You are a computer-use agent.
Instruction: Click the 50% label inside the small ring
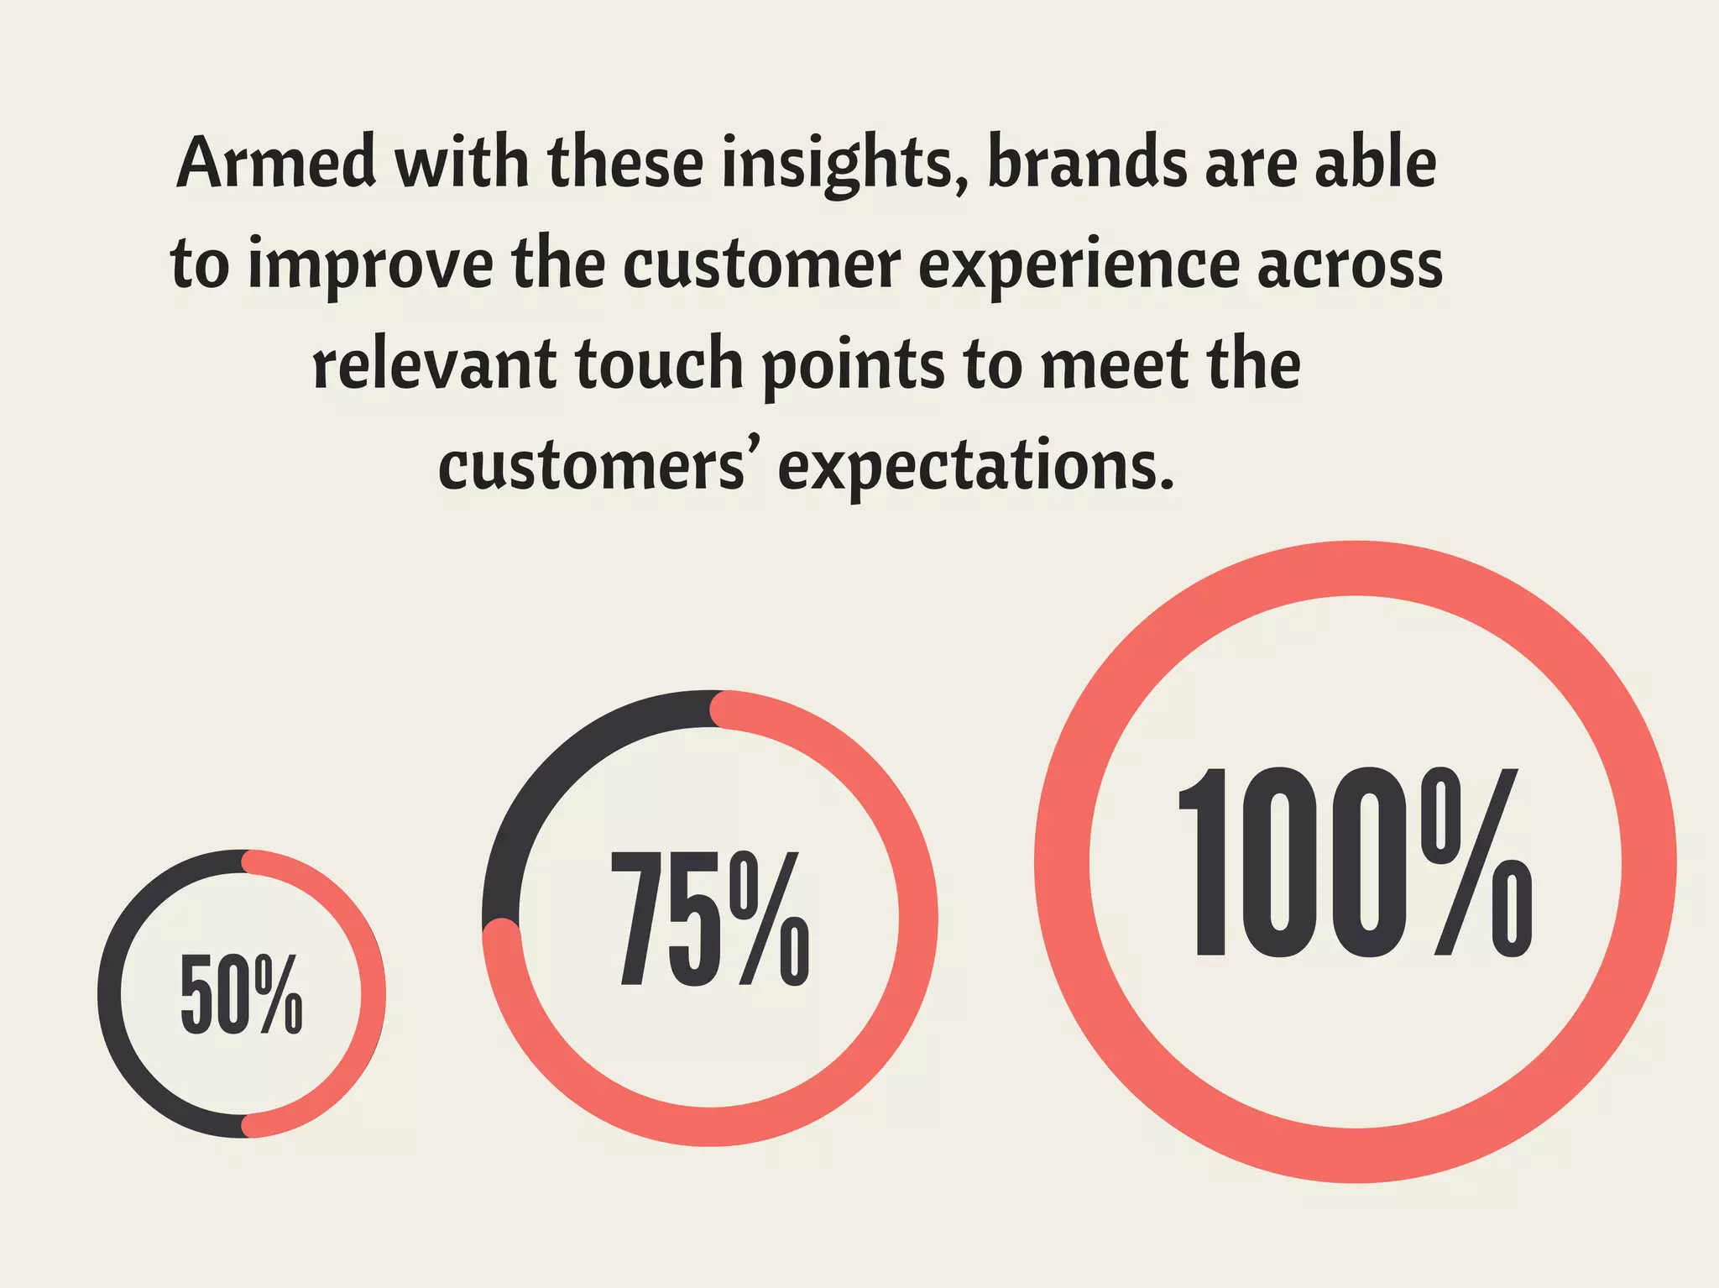[x=241, y=994]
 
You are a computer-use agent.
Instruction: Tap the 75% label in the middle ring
[x=710, y=919]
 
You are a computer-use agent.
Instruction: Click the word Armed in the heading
[x=276, y=163]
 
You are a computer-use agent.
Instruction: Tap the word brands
[x=1088, y=163]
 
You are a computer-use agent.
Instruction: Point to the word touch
[x=659, y=366]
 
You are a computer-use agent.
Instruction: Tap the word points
[x=853, y=368]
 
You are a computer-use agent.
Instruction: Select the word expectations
[x=975, y=469]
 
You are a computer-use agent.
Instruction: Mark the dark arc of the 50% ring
[x=110, y=994]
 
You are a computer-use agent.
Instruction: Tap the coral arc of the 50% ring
[x=373, y=994]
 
